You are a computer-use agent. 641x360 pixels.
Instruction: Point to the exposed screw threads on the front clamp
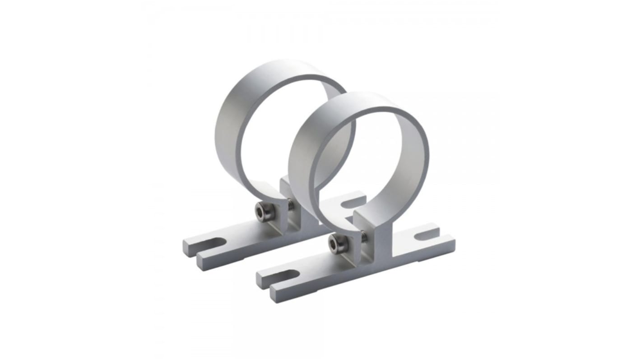click(362, 235)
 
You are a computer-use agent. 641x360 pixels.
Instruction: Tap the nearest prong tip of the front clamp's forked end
click(275, 296)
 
